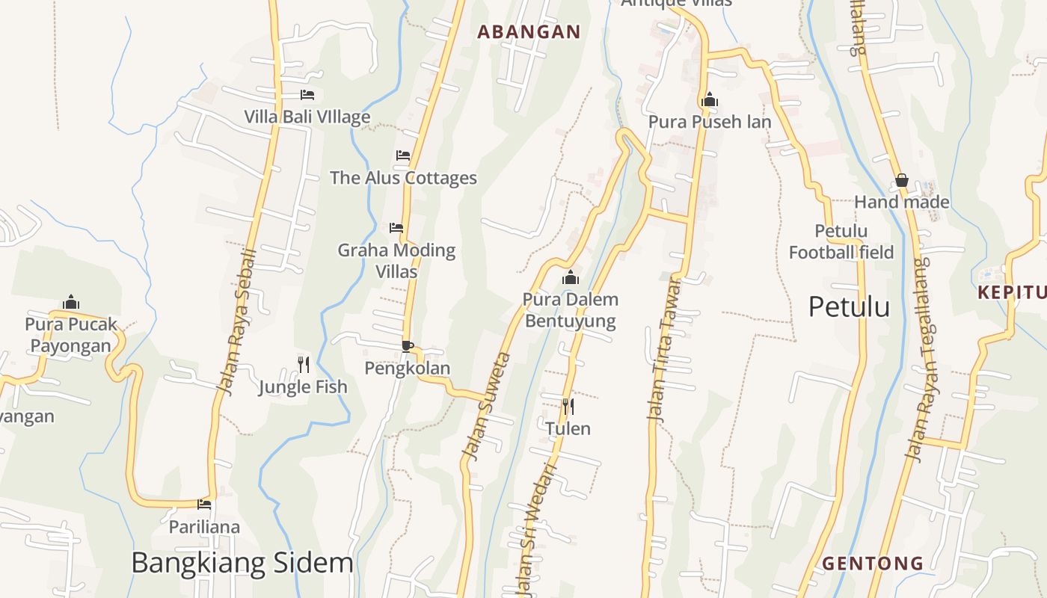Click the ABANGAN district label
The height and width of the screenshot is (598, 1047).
click(x=529, y=31)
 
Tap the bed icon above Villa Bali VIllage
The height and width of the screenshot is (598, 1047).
click(x=307, y=95)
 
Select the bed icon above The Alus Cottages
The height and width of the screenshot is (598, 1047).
click(x=403, y=155)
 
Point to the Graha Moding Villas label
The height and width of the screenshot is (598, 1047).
click(x=396, y=260)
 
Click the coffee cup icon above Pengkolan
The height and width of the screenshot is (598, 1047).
click(x=408, y=346)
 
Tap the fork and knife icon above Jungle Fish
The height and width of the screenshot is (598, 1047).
click(x=304, y=365)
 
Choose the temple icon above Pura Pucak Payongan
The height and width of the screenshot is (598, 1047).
click(x=71, y=302)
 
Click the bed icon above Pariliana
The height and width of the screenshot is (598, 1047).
click(x=204, y=505)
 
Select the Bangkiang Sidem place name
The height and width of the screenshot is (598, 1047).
click(x=242, y=563)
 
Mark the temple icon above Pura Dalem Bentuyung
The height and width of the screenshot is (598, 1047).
click(x=571, y=278)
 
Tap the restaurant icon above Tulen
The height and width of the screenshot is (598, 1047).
click(x=568, y=407)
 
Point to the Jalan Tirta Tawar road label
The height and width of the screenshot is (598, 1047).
click(x=665, y=350)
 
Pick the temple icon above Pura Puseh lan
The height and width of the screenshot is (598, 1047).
click(x=710, y=99)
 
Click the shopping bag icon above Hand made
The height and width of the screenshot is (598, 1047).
click(x=902, y=180)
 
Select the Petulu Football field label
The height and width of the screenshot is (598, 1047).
click(x=841, y=241)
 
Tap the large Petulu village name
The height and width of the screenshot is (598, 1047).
click(x=849, y=307)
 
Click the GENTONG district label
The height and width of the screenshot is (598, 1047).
click(x=873, y=563)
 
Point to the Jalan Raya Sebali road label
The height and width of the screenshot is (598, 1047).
click(x=236, y=322)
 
